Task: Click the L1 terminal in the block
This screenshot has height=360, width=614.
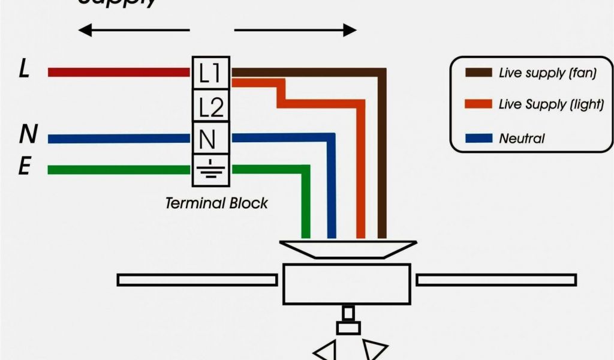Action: (210, 73)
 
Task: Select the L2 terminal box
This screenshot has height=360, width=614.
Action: (210, 106)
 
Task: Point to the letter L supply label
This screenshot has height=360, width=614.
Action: (24, 70)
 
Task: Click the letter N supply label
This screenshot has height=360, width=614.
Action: (27, 134)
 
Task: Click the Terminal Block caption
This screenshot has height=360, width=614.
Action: (216, 203)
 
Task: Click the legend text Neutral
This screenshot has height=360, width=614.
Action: (522, 139)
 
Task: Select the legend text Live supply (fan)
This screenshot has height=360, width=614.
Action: (547, 73)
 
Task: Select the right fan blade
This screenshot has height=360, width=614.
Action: (496, 280)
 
